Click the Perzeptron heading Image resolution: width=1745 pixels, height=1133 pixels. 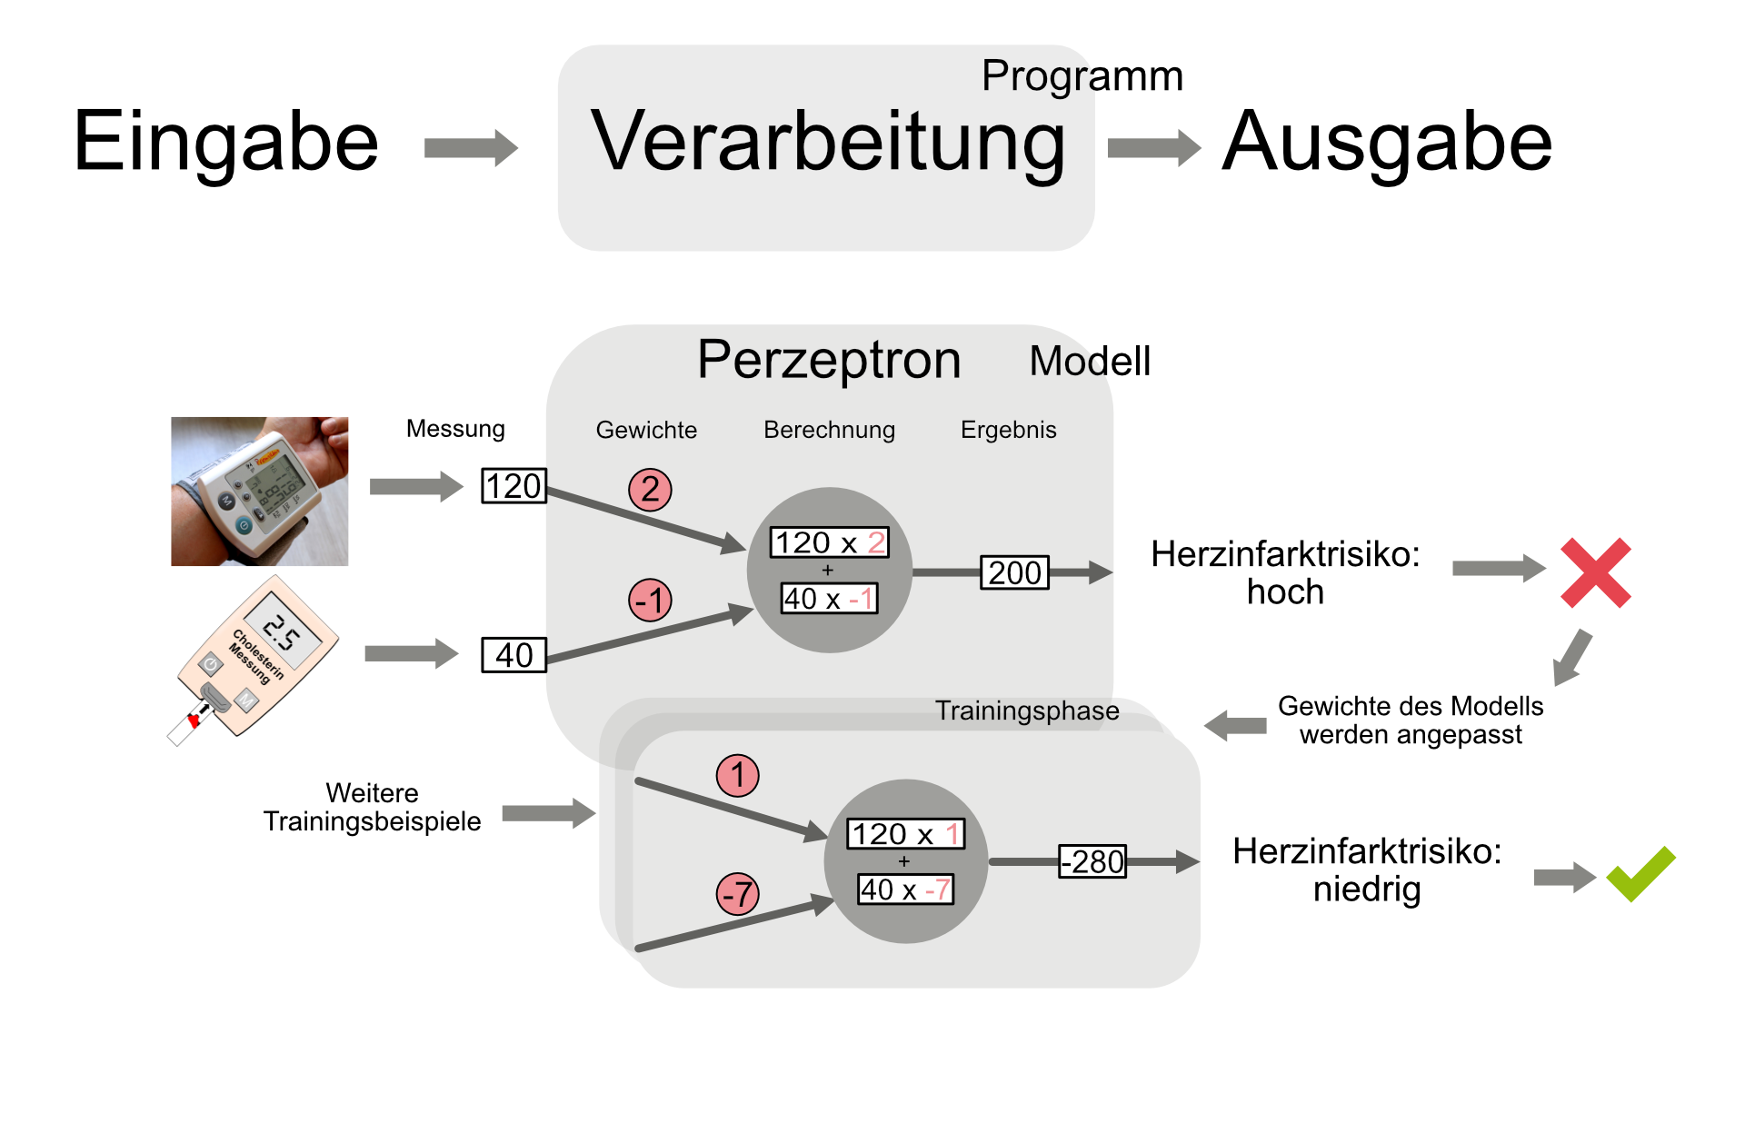[x=828, y=360]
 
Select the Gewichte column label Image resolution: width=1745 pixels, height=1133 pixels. [x=646, y=430]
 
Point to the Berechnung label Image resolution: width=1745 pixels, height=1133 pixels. [x=829, y=430]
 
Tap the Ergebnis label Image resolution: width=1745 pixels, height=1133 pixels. [x=1008, y=430]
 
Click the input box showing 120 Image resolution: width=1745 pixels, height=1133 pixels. [x=514, y=486]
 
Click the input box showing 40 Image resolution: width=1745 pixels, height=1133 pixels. [x=514, y=655]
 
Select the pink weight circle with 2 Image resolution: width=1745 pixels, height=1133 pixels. [x=650, y=490]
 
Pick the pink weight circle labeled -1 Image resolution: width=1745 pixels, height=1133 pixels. [x=650, y=601]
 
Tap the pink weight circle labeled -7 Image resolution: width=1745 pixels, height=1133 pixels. [x=737, y=894]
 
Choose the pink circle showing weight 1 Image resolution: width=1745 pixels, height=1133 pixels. [x=737, y=776]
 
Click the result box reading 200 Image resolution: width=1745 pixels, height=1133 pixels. [x=1014, y=572]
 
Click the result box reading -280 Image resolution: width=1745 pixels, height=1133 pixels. [x=1092, y=861]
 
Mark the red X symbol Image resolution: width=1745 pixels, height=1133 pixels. [x=1595, y=572]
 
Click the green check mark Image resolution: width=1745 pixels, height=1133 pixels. [x=1640, y=874]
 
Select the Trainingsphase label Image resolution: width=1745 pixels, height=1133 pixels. [x=1027, y=711]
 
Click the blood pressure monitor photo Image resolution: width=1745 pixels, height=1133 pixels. [x=260, y=492]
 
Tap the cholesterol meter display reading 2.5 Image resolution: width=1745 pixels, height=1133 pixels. [x=283, y=632]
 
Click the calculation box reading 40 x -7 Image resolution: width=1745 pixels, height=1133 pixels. [x=905, y=890]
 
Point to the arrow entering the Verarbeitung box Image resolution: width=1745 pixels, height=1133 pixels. [x=471, y=147]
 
